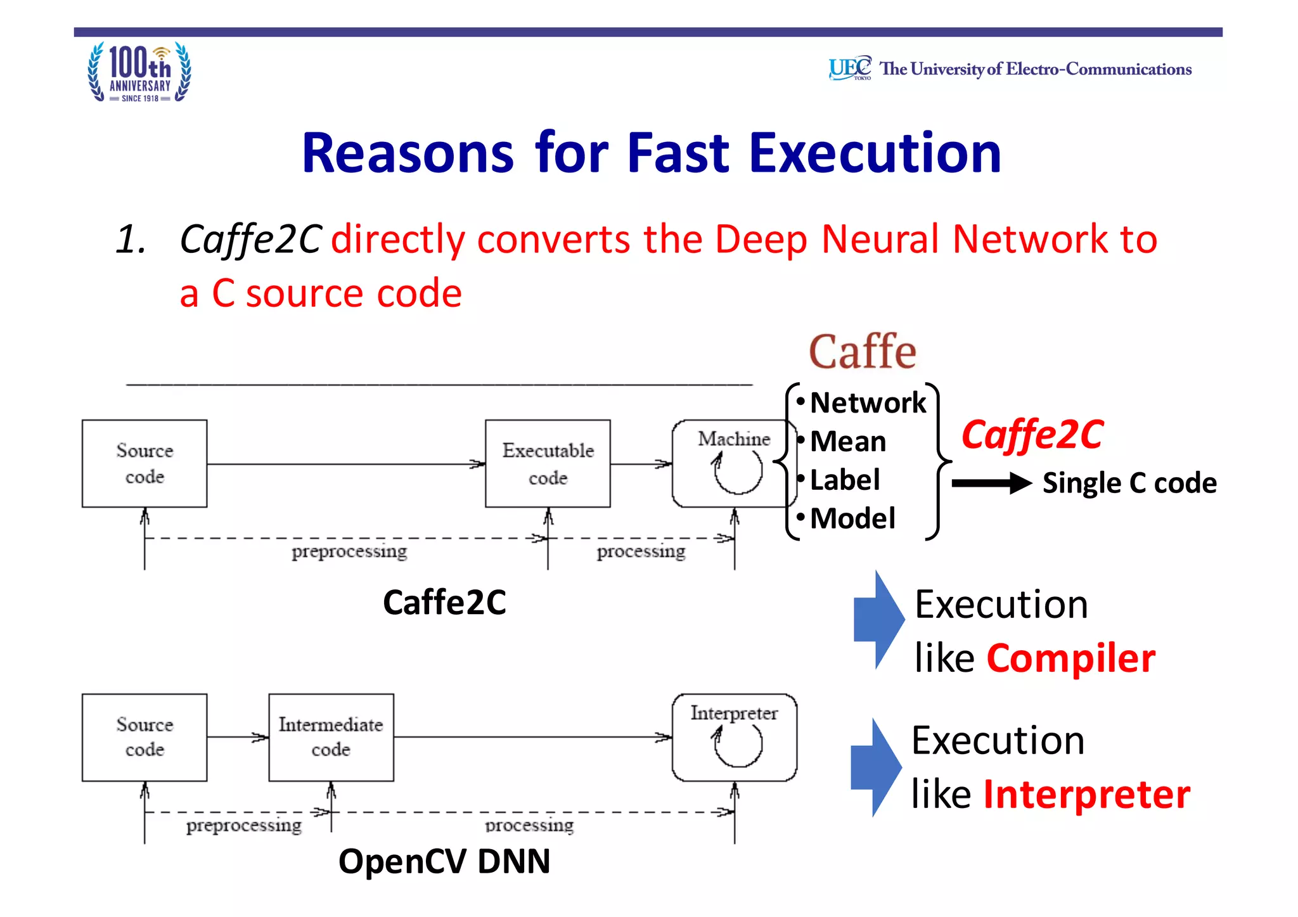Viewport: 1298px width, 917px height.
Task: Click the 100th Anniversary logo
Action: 139,72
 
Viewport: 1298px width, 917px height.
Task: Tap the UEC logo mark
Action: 849,68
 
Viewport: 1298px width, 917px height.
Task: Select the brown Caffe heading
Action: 862,352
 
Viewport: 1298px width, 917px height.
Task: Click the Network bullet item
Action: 867,403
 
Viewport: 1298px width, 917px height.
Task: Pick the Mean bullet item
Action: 847,441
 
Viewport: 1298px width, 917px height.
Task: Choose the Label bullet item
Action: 844,480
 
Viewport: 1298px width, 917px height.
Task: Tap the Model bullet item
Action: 852,518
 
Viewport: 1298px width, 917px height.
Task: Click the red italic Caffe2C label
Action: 1032,435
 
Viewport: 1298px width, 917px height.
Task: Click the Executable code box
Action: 548,463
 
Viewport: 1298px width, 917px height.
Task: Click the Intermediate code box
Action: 331,737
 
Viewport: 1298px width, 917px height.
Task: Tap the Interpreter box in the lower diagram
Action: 734,737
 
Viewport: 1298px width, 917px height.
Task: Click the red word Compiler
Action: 1070,658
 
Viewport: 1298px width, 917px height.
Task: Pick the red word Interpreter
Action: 1086,794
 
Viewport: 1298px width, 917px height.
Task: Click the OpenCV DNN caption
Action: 444,862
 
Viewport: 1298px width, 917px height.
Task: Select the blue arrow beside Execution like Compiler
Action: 878,619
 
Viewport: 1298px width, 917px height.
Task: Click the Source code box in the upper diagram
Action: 145,463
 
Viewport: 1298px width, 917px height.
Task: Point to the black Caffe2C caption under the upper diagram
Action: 444,602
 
